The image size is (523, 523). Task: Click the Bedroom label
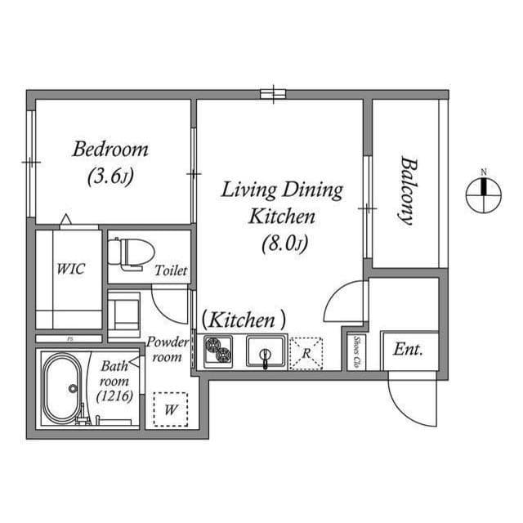pyautogui.click(x=110, y=150)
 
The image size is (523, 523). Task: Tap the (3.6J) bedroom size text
pyautogui.click(x=110, y=175)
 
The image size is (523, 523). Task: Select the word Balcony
pyautogui.click(x=405, y=190)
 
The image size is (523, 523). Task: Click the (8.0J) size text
pyautogui.click(x=283, y=243)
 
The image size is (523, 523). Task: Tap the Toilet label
pyautogui.click(x=172, y=270)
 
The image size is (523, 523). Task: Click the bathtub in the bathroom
pyautogui.click(x=61, y=389)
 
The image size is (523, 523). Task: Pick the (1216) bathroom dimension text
pyautogui.click(x=113, y=396)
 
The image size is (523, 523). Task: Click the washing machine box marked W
pyautogui.click(x=171, y=411)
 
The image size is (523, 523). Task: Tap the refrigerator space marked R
pyautogui.click(x=306, y=353)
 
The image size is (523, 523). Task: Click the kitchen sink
pyautogui.click(x=266, y=353)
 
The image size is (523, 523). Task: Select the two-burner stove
pyautogui.click(x=218, y=352)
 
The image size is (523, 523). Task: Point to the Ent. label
pyautogui.click(x=408, y=349)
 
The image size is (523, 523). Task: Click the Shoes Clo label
pyautogui.click(x=357, y=351)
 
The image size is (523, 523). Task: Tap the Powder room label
pyautogui.click(x=168, y=349)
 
